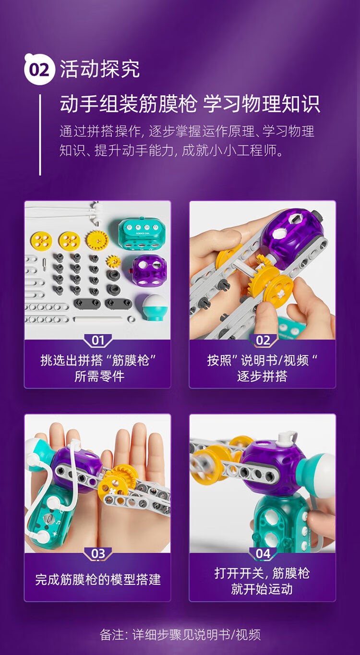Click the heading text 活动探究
pyautogui.click(x=100, y=69)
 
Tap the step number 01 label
pyautogui.click(x=98, y=340)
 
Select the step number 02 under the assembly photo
pyautogui.click(x=263, y=340)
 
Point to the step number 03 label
pyautogui.click(x=98, y=554)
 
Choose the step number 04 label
pyautogui.click(x=263, y=554)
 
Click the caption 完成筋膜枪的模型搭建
pyautogui.click(x=98, y=579)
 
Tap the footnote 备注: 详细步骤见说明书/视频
pyautogui.click(x=180, y=634)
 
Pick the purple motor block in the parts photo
pyautogui.click(x=149, y=271)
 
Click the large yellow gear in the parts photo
pyautogui.click(x=97, y=240)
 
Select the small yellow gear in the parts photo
pyautogui.click(x=114, y=261)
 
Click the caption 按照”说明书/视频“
pyautogui.click(x=263, y=360)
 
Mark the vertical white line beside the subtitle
pyautogui.click(x=40, y=134)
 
